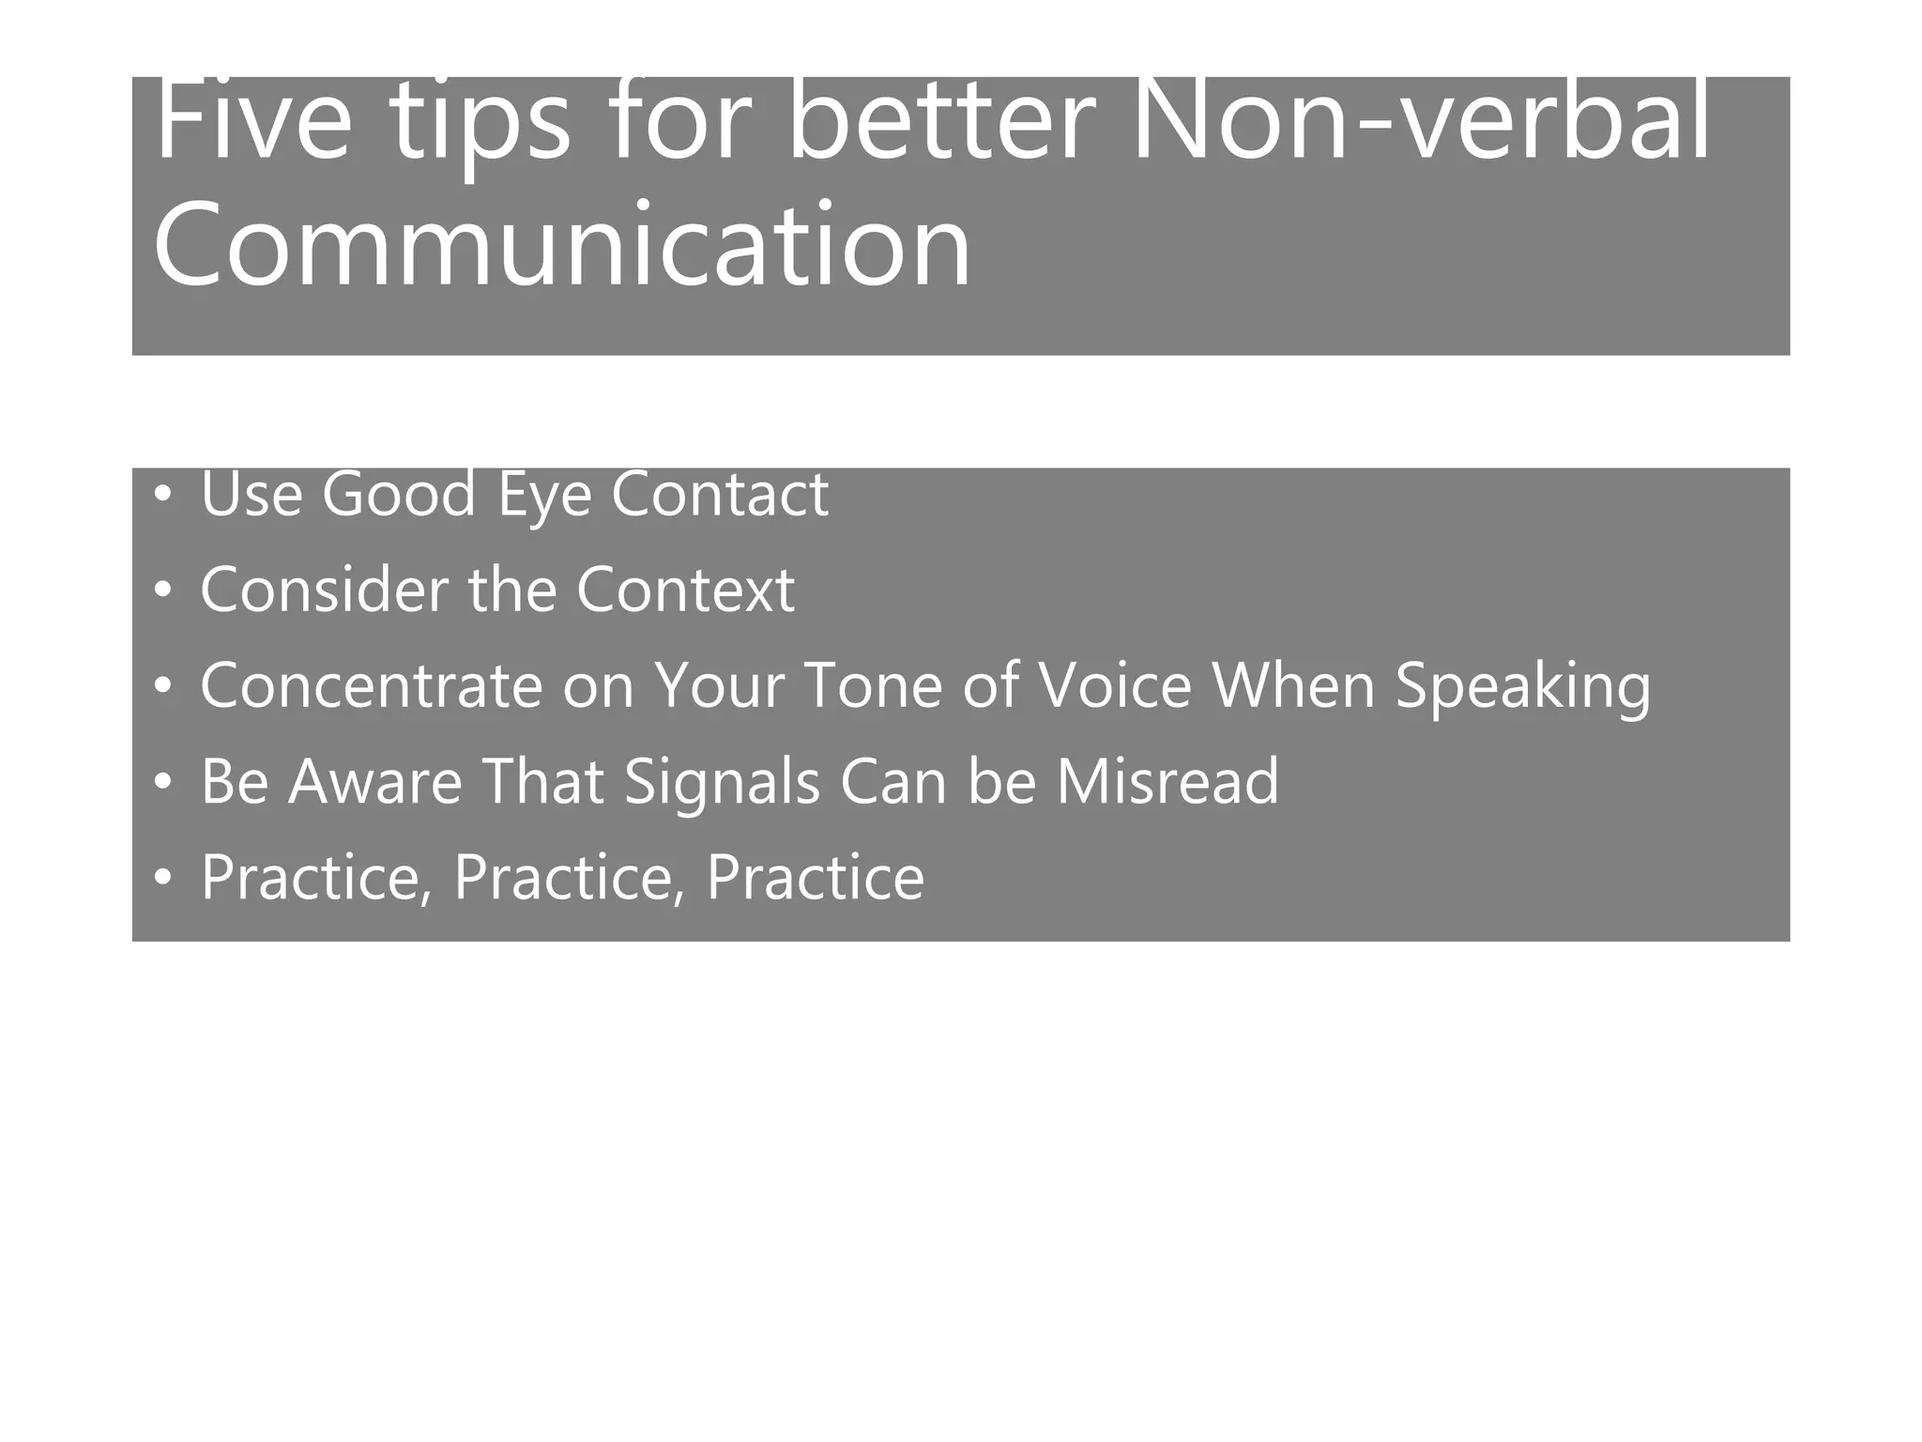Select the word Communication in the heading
pyautogui.click(x=561, y=246)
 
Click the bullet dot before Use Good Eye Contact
pyautogui.click(x=164, y=494)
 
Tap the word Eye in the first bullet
pyautogui.click(x=544, y=496)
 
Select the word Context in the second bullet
pyautogui.click(x=685, y=591)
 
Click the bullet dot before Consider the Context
pyautogui.click(x=164, y=591)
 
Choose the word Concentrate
pyautogui.click(x=371, y=686)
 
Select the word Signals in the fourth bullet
pyautogui.click(x=722, y=783)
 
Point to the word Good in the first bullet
pyautogui.click(x=399, y=494)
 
